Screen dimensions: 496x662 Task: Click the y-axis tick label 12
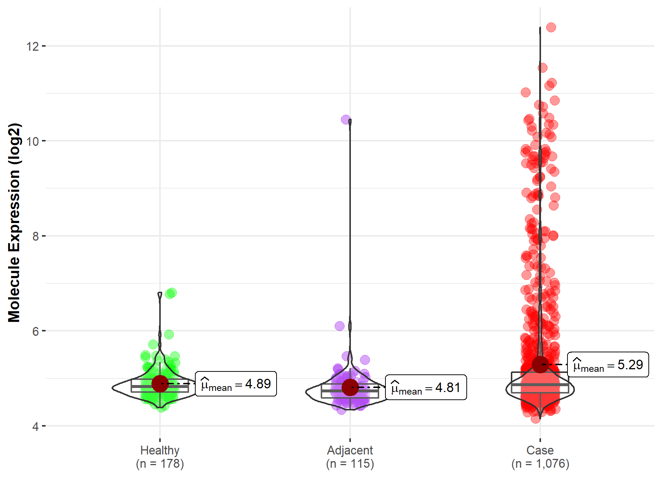click(x=32, y=46)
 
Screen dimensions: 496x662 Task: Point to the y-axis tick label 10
click(x=32, y=141)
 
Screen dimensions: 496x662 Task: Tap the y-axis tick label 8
click(x=36, y=236)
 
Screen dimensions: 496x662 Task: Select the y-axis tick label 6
click(x=36, y=331)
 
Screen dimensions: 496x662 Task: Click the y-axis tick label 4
click(x=36, y=427)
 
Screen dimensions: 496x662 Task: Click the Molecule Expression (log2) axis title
click(x=14, y=223)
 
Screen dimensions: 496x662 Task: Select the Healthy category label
click(x=160, y=450)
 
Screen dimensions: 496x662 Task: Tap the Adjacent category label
click(x=350, y=450)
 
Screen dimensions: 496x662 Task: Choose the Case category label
click(x=540, y=450)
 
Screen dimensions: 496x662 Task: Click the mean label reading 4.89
click(x=236, y=384)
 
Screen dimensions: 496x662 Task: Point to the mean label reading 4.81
click(x=426, y=388)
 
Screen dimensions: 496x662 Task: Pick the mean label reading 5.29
click(x=608, y=365)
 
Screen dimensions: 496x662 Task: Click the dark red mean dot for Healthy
click(x=160, y=384)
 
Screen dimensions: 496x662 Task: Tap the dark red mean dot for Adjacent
click(x=350, y=387)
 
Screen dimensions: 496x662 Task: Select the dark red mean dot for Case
click(x=540, y=364)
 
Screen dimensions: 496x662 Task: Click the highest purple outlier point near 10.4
click(x=346, y=119)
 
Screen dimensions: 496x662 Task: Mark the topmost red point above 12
click(x=551, y=27)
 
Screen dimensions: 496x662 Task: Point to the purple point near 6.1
click(x=339, y=326)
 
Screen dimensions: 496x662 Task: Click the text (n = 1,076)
click(x=540, y=464)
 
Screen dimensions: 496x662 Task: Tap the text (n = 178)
click(x=160, y=464)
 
